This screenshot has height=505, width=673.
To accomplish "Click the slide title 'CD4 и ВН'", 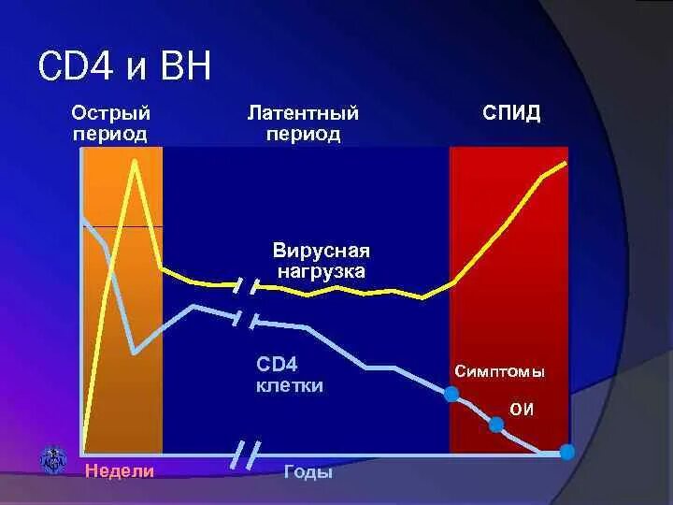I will coord(124,67).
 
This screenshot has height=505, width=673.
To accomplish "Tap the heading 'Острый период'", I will coord(111,123).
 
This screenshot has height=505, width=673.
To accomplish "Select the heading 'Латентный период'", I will coord(303,123).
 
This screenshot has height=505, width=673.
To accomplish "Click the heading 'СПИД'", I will coord(511,114).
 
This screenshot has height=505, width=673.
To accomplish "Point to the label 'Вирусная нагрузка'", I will coord(322,261).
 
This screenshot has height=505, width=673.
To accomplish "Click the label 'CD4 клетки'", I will coord(290,374).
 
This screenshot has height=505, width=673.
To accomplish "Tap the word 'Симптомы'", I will coord(499,371).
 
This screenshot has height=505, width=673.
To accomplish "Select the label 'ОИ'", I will coord(522,408).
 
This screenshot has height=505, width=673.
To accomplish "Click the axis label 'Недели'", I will coord(119,471).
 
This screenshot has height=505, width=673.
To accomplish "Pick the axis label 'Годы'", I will coord(308,472).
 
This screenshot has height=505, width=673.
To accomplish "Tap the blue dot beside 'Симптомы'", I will coord(451,395).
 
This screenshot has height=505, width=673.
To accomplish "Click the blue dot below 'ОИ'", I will coord(496,425).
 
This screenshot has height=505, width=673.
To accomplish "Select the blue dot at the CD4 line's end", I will coord(566,453).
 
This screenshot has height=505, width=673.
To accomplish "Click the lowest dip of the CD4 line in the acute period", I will coord(136,353).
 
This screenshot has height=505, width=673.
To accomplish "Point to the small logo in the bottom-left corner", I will coord(53,459).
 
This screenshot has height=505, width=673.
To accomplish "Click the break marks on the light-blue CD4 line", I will coord(246,319).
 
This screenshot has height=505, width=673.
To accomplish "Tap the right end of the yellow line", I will coord(566,163).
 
